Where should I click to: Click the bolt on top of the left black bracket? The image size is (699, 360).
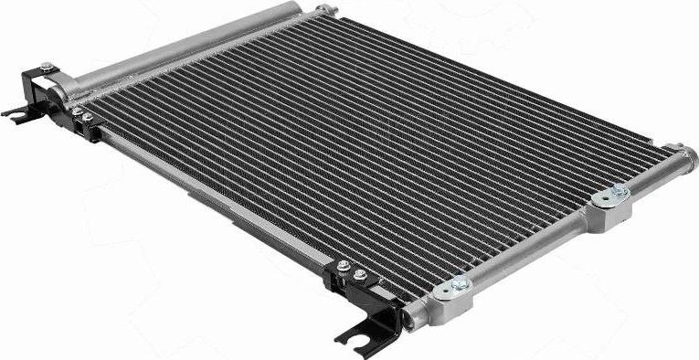tap(46, 66)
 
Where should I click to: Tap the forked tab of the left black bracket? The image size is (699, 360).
tap(16, 112)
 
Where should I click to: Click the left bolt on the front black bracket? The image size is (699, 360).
tap(344, 266)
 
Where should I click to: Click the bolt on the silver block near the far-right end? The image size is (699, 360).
tap(619, 191)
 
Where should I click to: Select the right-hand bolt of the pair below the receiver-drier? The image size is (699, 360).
tap(90, 120)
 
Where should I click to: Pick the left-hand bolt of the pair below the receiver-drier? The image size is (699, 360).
tap(77, 112)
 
